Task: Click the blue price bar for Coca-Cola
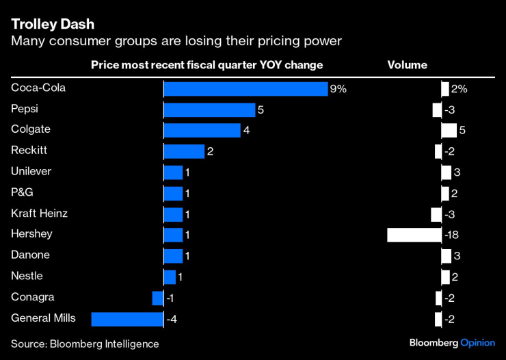pos(245,89)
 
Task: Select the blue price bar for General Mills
pos(127,319)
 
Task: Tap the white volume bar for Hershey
pos(414,235)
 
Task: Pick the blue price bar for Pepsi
pos(209,110)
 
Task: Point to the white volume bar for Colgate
pos(449,131)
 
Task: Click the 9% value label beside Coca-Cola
pos(338,89)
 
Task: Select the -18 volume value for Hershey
pos(451,235)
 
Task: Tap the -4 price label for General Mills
pos(172,319)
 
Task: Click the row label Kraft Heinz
pos(39,214)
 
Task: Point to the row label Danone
pos(31,255)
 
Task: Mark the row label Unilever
pos(31,172)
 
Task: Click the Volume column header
pos(408,65)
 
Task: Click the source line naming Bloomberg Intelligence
pos(85,344)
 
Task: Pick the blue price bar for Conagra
pos(158,298)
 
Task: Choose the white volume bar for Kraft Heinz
pos(436,214)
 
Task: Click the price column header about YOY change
pos(207,65)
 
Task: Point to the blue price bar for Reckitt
pos(184,151)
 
